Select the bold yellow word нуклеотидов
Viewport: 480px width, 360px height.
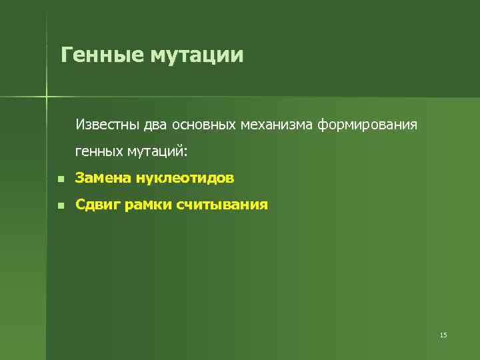tap(185, 178)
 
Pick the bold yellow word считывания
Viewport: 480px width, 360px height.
tap(223, 205)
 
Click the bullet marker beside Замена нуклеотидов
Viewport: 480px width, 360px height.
tap(60, 179)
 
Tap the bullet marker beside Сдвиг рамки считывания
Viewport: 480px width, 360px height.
tap(60, 205)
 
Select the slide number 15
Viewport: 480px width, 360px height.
tap(443, 335)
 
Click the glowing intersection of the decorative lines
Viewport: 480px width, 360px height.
tap(47, 97)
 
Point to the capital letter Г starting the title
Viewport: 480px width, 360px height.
tap(65, 54)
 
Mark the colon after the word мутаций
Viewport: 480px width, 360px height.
tap(187, 153)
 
